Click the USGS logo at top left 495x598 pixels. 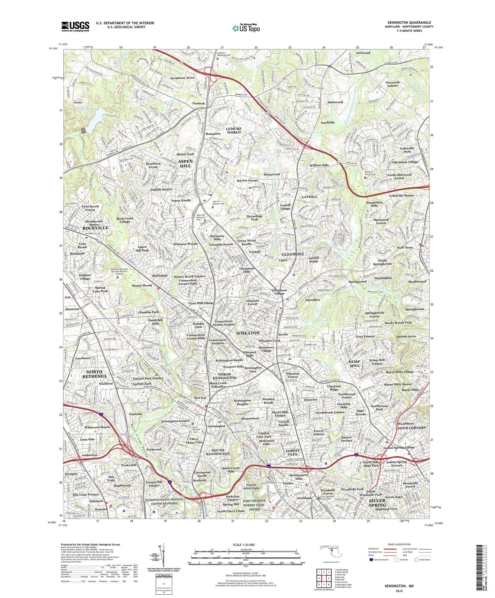click(x=75, y=26)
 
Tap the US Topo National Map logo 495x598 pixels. click(x=246, y=28)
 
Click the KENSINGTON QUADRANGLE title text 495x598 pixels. click(x=409, y=22)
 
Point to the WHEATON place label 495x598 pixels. click(x=247, y=333)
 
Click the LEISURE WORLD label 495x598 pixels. click(x=233, y=130)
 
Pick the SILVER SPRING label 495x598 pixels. click(x=377, y=503)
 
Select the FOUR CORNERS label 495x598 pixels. click(x=412, y=428)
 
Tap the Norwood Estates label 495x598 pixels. click(x=392, y=84)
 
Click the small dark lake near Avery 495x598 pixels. click(x=83, y=130)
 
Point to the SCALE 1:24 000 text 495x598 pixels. click(x=246, y=545)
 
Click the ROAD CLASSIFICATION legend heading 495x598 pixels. click(x=398, y=544)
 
